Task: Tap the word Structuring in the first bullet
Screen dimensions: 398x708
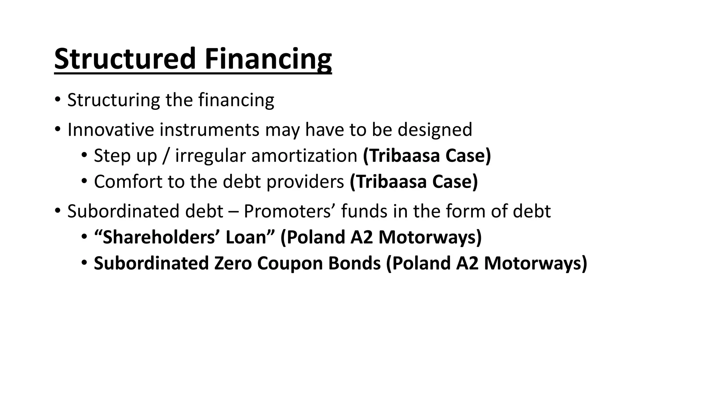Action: click(x=113, y=100)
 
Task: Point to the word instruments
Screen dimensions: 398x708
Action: click(x=209, y=130)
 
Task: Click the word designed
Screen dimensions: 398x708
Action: click(x=435, y=130)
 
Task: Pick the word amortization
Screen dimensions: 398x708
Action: click(x=304, y=156)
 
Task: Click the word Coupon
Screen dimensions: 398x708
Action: click(x=290, y=264)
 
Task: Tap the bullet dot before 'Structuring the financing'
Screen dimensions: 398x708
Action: click(x=57, y=100)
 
